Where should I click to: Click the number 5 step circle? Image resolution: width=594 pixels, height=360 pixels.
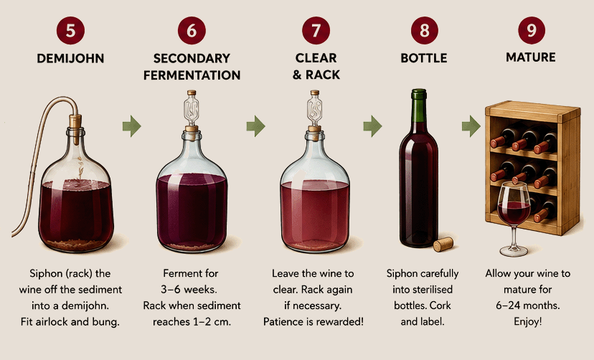(x=70, y=30)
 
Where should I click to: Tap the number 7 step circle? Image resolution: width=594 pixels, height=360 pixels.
(x=316, y=30)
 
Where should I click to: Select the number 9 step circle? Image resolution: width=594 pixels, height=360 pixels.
(x=531, y=30)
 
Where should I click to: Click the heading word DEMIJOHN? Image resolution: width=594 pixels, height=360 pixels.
(x=70, y=58)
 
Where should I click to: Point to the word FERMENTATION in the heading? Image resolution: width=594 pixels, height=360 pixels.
(x=192, y=75)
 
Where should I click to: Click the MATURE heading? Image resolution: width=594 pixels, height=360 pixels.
(x=531, y=57)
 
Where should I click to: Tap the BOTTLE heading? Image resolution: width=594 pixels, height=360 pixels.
(x=424, y=58)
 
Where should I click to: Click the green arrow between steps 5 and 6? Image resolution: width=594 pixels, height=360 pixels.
(x=132, y=126)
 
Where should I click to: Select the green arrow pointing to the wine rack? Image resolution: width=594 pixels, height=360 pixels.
(x=471, y=126)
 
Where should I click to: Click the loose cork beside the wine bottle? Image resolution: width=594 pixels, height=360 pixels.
(x=443, y=244)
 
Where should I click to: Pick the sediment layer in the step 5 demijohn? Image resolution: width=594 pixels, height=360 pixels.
(x=76, y=244)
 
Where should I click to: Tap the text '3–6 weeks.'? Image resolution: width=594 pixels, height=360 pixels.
(x=189, y=290)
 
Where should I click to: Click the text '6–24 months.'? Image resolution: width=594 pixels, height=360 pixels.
(x=528, y=305)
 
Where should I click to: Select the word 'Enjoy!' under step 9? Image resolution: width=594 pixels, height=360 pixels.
(x=528, y=322)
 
